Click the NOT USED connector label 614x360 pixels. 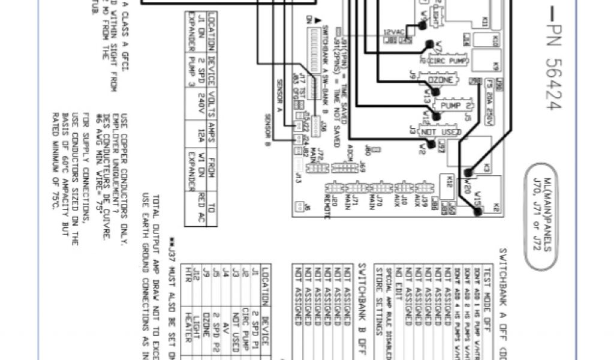click(x=436, y=131)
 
